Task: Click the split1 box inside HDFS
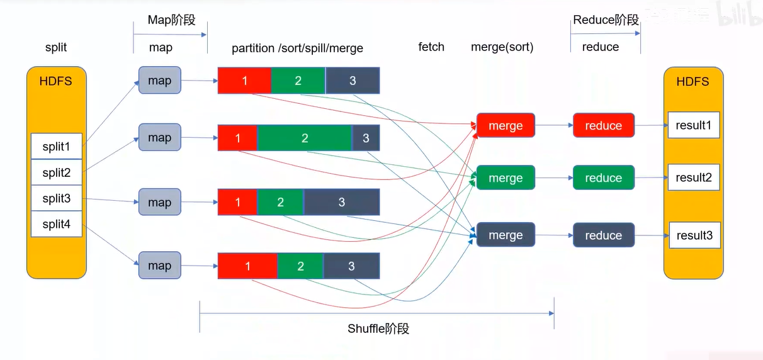pyautogui.click(x=56, y=146)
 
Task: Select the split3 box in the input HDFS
pyautogui.click(x=56, y=198)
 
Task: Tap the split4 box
pyautogui.click(x=56, y=224)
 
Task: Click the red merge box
pyautogui.click(x=506, y=126)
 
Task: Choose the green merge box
pyautogui.click(x=506, y=178)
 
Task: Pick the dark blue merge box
pyautogui.click(x=506, y=235)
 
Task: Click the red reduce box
pyautogui.click(x=603, y=126)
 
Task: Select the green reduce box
pyautogui.click(x=603, y=178)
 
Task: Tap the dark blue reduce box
pyautogui.click(x=603, y=235)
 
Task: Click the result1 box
pyautogui.click(x=693, y=125)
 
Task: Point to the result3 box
pyautogui.click(x=694, y=235)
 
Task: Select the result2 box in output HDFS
pyautogui.click(x=693, y=177)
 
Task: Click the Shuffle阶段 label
pyautogui.click(x=378, y=329)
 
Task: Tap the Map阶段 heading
pyautogui.click(x=171, y=20)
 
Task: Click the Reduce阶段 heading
pyautogui.click(x=606, y=20)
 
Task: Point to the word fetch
pyautogui.click(x=431, y=47)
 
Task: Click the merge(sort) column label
pyautogui.click(x=502, y=47)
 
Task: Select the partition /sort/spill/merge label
pyautogui.click(x=297, y=48)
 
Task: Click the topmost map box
pyautogui.click(x=159, y=81)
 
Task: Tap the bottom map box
pyautogui.click(x=159, y=266)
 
